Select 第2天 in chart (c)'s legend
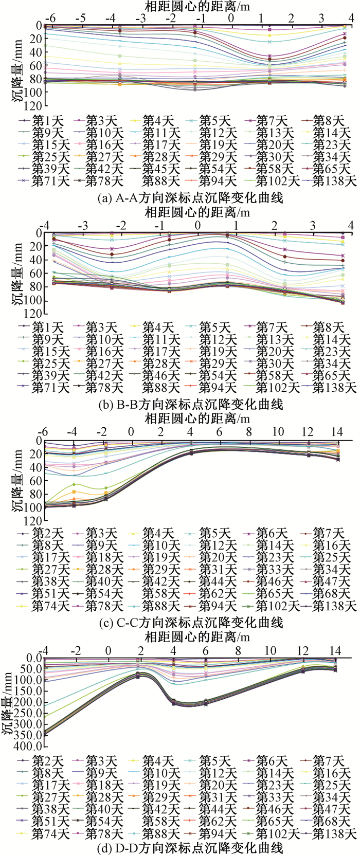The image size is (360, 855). [47, 533]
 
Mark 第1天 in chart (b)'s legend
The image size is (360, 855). [47, 328]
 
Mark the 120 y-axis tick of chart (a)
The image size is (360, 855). [32, 105]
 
